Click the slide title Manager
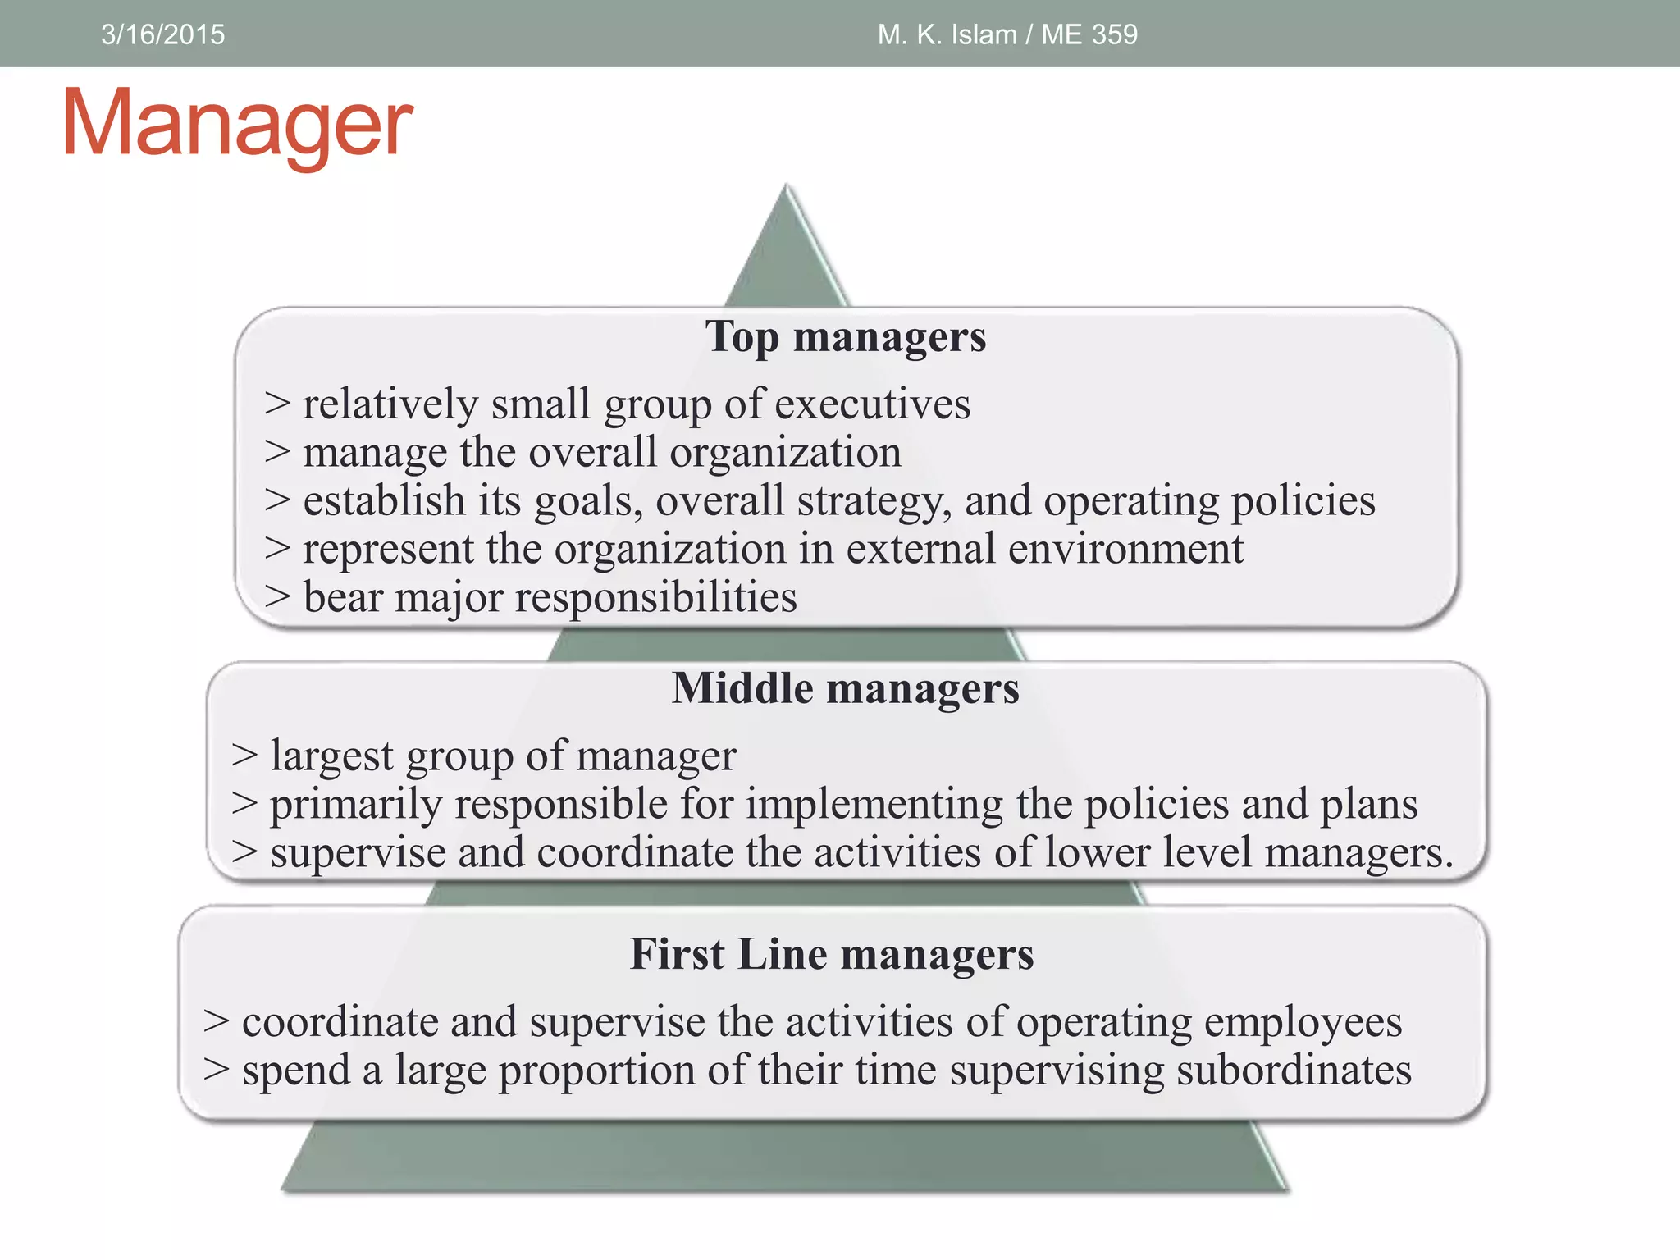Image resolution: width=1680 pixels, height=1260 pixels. click(x=237, y=123)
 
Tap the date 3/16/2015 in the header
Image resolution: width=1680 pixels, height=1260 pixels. click(x=162, y=34)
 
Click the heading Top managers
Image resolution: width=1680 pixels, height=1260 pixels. click(x=845, y=336)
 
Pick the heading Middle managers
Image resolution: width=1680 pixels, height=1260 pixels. click(x=845, y=687)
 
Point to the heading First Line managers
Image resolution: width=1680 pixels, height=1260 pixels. click(x=832, y=954)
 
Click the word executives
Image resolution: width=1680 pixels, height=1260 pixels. click(x=872, y=404)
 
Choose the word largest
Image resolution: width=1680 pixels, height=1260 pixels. click(x=332, y=756)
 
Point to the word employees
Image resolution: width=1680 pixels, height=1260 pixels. click(x=1303, y=1022)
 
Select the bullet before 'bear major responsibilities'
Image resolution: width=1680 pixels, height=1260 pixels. click(x=277, y=597)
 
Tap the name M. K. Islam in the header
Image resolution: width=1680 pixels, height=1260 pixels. click(x=947, y=34)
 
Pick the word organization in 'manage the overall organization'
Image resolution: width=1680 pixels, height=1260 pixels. click(x=785, y=453)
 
